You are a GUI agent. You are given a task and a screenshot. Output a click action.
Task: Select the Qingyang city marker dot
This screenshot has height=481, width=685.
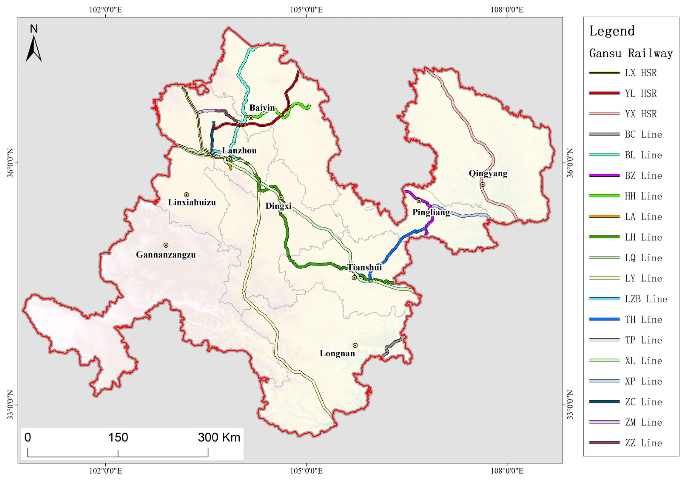click(x=482, y=184)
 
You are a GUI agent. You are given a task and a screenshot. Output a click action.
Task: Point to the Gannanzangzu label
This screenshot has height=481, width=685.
click(x=166, y=255)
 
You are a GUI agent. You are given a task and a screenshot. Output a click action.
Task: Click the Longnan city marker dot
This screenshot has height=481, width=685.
click(x=355, y=345)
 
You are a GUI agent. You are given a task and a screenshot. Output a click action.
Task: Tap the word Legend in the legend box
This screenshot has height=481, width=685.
click(x=612, y=31)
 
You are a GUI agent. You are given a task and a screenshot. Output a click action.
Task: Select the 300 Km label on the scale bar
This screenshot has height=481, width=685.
click(x=219, y=437)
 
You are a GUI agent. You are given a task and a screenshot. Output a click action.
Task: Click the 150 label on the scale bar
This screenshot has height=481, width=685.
click(x=118, y=437)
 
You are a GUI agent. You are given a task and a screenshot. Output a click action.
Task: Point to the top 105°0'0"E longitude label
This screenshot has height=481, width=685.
click(x=306, y=10)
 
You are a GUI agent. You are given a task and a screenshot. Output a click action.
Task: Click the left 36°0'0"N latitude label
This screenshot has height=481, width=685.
click(x=10, y=163)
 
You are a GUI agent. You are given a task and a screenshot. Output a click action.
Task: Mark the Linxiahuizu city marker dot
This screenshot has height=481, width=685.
click(x=186, y=195)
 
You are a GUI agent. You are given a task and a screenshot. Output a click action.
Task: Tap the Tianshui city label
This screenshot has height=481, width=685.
click(x=364, y=267)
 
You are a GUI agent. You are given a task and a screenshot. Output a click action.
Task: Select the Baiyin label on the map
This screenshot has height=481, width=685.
click(x=262, y=108)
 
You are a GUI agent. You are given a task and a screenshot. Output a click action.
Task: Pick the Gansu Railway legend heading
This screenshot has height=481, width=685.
click(x=631, y=53)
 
